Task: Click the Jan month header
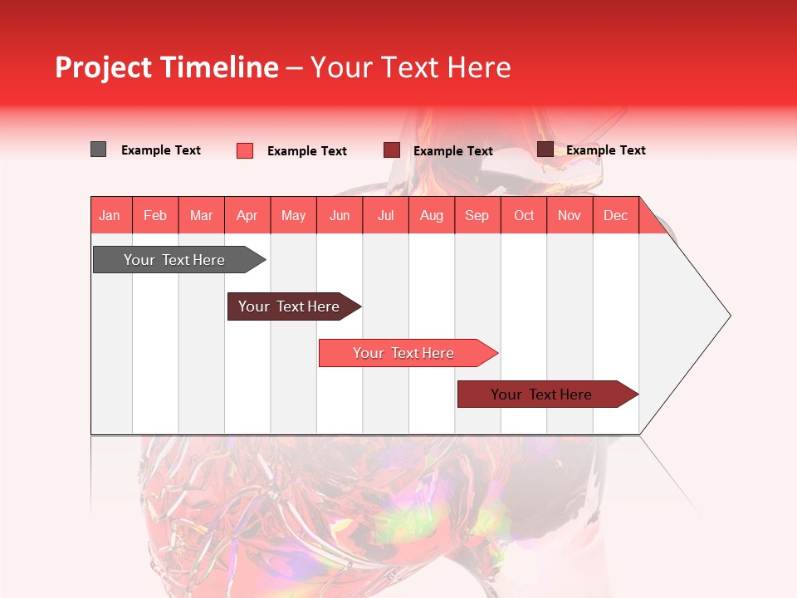coord(110,215)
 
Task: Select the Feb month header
coord(155,215)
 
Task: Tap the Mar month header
coord(201,215)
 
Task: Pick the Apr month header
coord(247,215)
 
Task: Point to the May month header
coord(293,215)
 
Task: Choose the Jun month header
coord(340,215)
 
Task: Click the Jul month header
coord(385,215)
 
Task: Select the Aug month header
coord(432,215)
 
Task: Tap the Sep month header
coord(477,215)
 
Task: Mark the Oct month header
coord(524,215)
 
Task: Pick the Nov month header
coord(570,215)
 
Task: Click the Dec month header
coord(616,215)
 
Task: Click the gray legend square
coord(98,149)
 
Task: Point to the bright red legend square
coord(245,150)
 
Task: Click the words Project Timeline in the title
coord(167,67)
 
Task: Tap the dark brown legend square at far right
coord(545,149)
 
